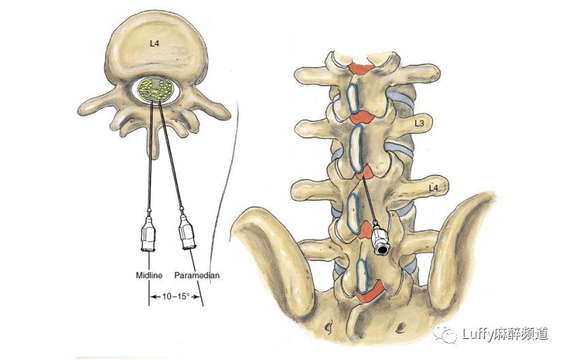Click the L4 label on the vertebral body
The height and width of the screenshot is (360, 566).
[155, 44]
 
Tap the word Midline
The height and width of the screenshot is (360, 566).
[149, 276]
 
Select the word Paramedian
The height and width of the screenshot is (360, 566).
[197, 276]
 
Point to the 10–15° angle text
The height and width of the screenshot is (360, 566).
[175, 297]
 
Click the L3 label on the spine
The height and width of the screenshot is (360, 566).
[420, 125]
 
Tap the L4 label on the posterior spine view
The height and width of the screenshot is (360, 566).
[433, 187]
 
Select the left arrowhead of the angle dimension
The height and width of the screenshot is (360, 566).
[151, 297]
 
